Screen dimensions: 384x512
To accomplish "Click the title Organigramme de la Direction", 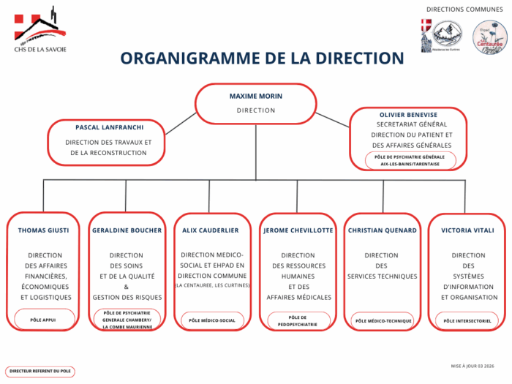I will tap(262, 58).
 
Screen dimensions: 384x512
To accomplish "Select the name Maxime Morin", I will tap(255, 96).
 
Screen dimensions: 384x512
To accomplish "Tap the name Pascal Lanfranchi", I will tap(109, 127).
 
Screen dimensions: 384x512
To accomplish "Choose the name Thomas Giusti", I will tap(44, 230).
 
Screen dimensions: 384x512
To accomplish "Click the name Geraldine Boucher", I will tap(127, 230).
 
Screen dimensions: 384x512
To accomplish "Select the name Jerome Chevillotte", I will tap(298, 230).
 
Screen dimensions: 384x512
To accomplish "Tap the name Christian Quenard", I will tap(383, 230).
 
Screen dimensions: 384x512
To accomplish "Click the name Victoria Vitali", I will tap(466, 230).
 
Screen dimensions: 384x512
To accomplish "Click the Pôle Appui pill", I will tap(44, 320).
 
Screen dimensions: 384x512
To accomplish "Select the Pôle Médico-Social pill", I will tap(212, 320).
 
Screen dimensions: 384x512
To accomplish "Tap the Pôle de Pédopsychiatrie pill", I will tap(298, 320).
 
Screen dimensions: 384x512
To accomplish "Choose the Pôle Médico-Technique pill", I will tap(383, 320).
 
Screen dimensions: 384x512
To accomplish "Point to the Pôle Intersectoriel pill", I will tap(467, 320).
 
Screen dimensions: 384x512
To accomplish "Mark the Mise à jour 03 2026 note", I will tap(473, 364).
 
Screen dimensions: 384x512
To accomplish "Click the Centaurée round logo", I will tap(489, 37).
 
